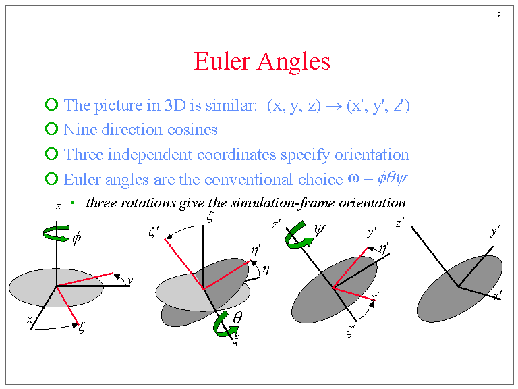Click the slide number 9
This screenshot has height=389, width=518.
click(498, 15)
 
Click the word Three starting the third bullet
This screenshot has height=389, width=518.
click(84, 155)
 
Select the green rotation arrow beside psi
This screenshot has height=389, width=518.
click(298, 236)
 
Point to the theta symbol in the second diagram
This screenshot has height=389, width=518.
click(238, 317)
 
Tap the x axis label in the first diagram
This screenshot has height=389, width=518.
click(30, 319)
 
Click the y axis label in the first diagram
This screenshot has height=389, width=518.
click(130, 280)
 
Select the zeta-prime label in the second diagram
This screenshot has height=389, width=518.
click(154, 233)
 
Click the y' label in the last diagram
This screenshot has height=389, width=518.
click(495, 232)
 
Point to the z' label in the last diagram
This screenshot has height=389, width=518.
click(400, 222)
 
